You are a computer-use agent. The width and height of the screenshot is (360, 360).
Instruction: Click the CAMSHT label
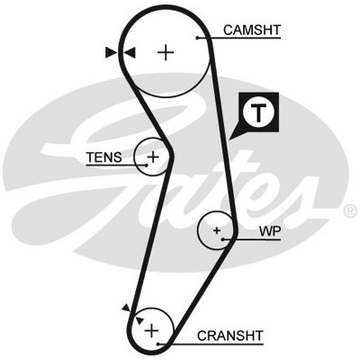[x=252, y=30]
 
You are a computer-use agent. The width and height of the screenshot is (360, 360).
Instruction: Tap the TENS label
[x=104, y=157]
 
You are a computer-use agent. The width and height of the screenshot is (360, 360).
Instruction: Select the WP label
[x=270, y=231]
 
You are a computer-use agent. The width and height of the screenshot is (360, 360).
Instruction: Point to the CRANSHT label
[x=230, y=336]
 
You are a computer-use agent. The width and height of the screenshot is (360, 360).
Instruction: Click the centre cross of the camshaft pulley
[x=166, y=52]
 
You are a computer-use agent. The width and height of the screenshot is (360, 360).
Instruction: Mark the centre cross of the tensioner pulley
[x=153, y=157]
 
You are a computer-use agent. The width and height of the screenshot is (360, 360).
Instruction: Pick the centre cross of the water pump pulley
[x=217, y=230]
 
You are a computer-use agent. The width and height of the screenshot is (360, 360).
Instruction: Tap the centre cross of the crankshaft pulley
[x=152, y=330]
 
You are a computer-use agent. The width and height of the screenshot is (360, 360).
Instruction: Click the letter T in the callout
[x=258, y=112]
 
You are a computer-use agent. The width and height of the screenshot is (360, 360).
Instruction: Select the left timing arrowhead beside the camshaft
[x=111, y=52]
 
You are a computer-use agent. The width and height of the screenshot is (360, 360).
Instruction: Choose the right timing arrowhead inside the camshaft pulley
[x=130, y=53]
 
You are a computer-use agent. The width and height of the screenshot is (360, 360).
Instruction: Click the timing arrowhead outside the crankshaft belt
[x=126, y=307]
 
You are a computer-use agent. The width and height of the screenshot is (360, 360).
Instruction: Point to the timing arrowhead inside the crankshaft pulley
[x=139, y=320]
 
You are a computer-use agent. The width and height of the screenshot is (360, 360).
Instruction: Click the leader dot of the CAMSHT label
[x=197, y=38]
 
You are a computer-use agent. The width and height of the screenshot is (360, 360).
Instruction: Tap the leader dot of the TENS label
[x=147, y=165]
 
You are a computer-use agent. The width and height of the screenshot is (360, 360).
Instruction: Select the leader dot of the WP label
[x=223, y=239]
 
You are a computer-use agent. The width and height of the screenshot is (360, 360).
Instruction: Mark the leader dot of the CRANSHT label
[x=158, y=344]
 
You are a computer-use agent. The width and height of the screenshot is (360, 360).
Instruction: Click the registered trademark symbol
[x=350, y=211]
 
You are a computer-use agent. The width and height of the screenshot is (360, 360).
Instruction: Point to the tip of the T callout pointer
[x=229, y=139]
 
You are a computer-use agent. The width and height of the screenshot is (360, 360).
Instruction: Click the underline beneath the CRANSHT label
[x=211, y=344]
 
